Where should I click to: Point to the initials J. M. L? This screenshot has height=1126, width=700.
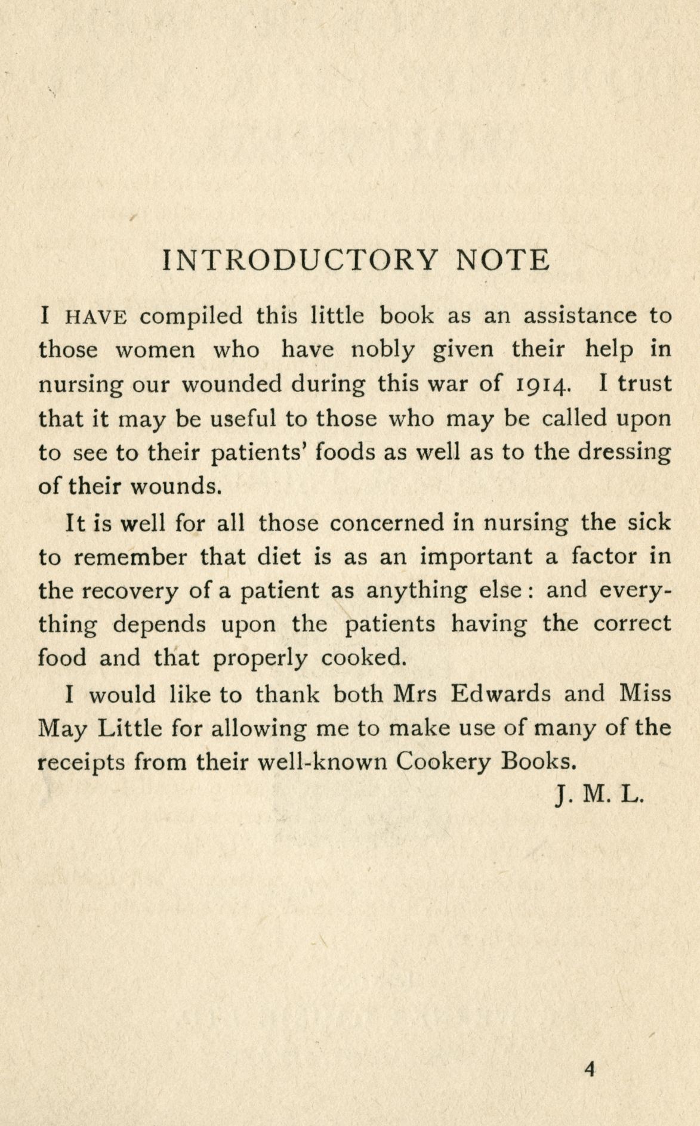[599, 796]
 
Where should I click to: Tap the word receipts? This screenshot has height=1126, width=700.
[81, 763]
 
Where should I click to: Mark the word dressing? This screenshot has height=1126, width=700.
[624, 453]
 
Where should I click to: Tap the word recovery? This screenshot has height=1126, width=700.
[129, 592]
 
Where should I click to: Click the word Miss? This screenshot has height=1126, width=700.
[645, 694]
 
